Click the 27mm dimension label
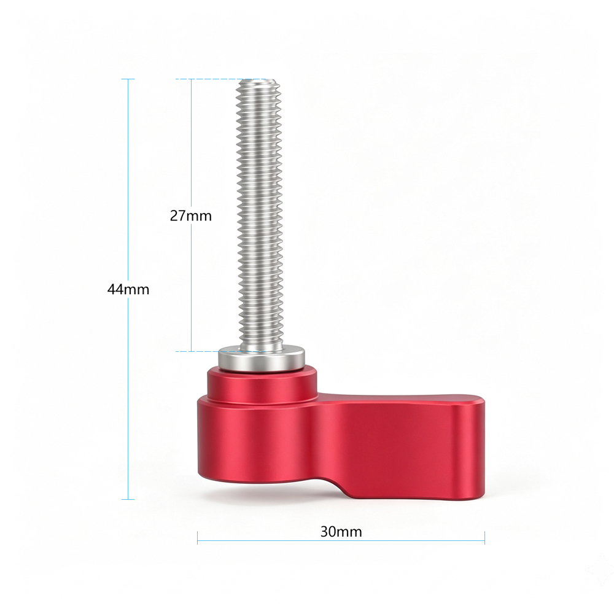[191, 216]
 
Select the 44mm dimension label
[128, 289]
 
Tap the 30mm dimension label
[341, 532]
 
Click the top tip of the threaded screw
[258, 80]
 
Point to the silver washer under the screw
[262, 359]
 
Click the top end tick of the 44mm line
[128, 79]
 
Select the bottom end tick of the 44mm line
[128, 499]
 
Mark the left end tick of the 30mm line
[197, 538]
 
